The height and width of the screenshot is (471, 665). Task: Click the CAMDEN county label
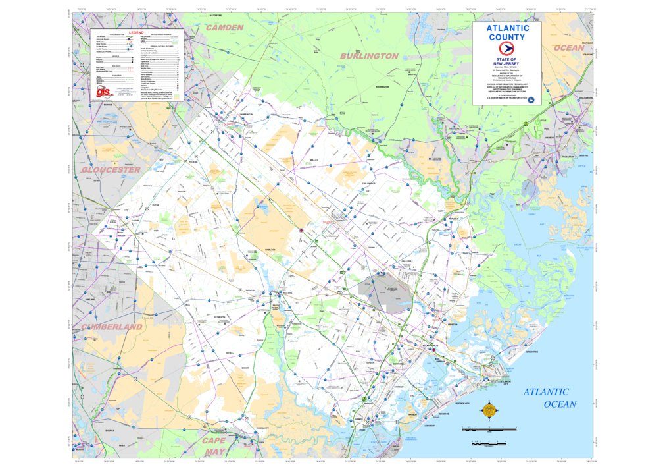point(224,28)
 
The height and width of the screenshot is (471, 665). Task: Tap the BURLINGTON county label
point(368,57)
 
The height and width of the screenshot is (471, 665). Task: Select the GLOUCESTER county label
point(111,170)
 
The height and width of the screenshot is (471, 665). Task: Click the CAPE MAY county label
point(214,446)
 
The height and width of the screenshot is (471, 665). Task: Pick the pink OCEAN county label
point(568,48)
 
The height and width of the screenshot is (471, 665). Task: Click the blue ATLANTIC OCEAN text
point(550,399)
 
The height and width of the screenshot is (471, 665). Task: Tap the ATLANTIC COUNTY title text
point(507,33)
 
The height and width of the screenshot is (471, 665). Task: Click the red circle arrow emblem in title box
point(507,49)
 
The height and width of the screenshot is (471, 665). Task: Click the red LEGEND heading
point(135,32)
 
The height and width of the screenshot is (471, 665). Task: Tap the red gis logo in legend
point(103,92)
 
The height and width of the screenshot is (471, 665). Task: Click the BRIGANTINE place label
point(532,352)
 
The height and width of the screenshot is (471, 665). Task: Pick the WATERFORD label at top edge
point(216,14)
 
